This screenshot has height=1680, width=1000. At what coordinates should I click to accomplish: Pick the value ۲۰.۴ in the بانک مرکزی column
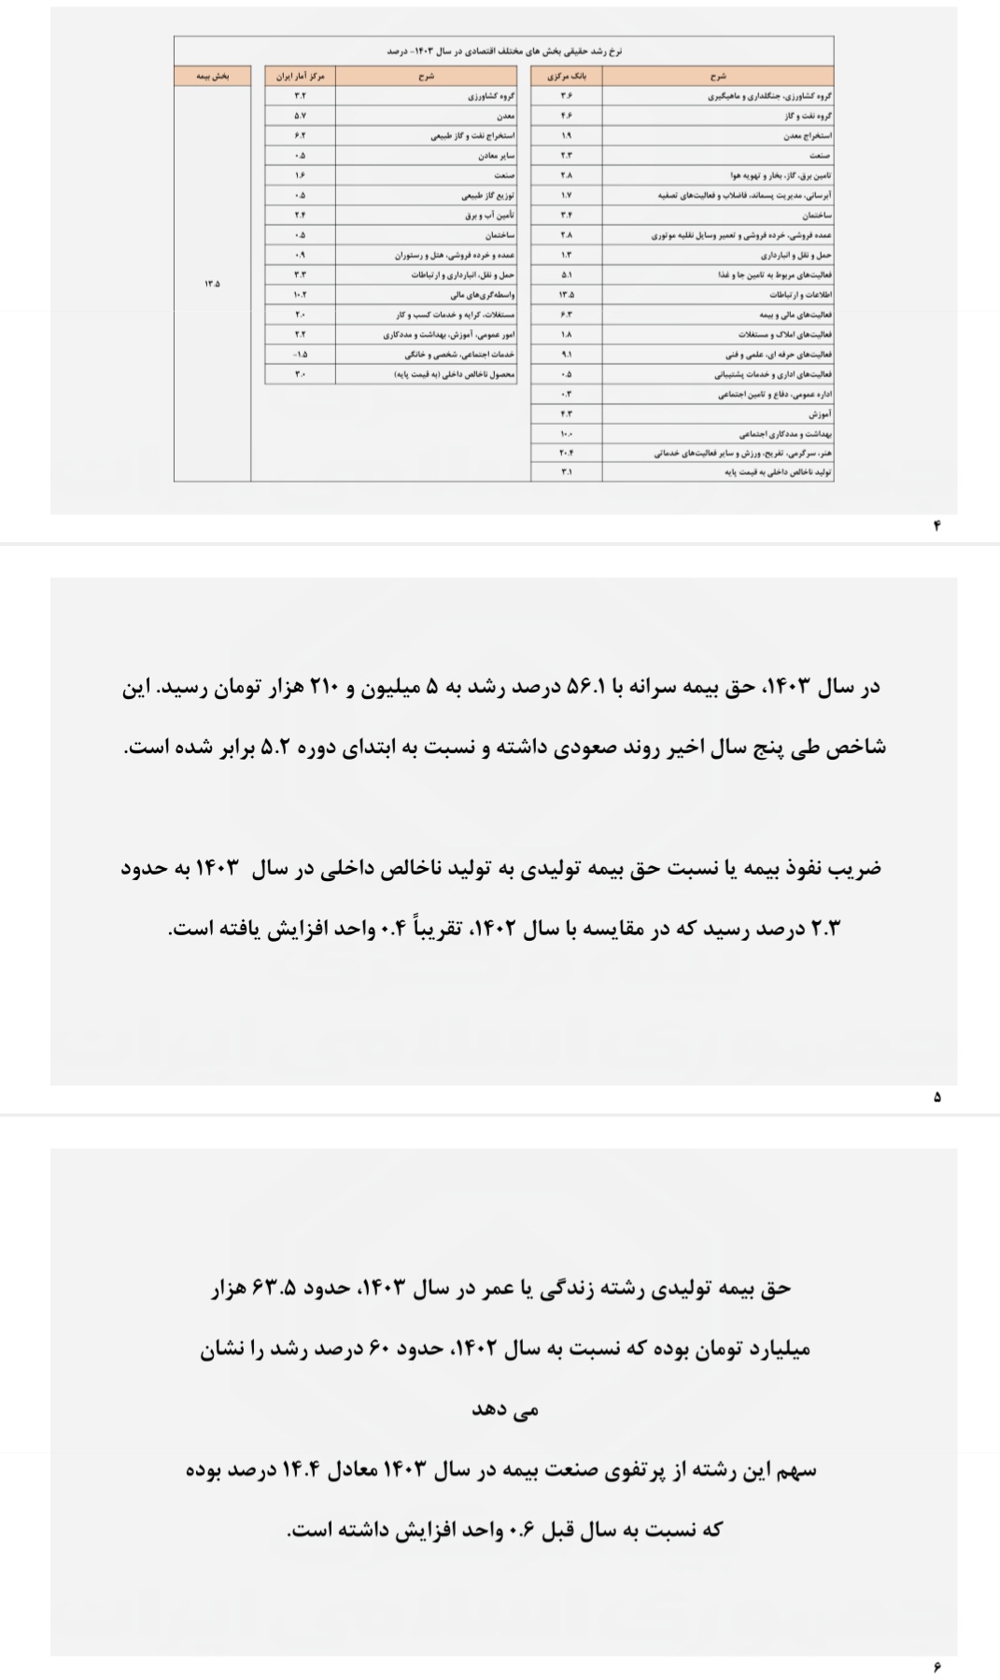(566, 453)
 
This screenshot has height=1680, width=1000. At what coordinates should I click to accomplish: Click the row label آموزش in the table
(821, 413)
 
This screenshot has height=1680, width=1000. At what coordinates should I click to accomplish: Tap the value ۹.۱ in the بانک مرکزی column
(566, 355)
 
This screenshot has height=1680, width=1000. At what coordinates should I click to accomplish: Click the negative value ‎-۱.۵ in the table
(300, 355)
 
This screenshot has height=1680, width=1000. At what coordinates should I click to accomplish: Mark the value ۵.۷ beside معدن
(300, 116)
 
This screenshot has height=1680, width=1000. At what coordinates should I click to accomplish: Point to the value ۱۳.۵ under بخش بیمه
(212, 283)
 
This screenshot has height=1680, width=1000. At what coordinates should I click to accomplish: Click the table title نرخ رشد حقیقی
(504, 50)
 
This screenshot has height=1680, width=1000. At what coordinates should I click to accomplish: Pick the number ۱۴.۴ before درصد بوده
(302, 1470)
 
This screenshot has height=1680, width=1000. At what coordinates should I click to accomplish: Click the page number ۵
(937, 1098)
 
